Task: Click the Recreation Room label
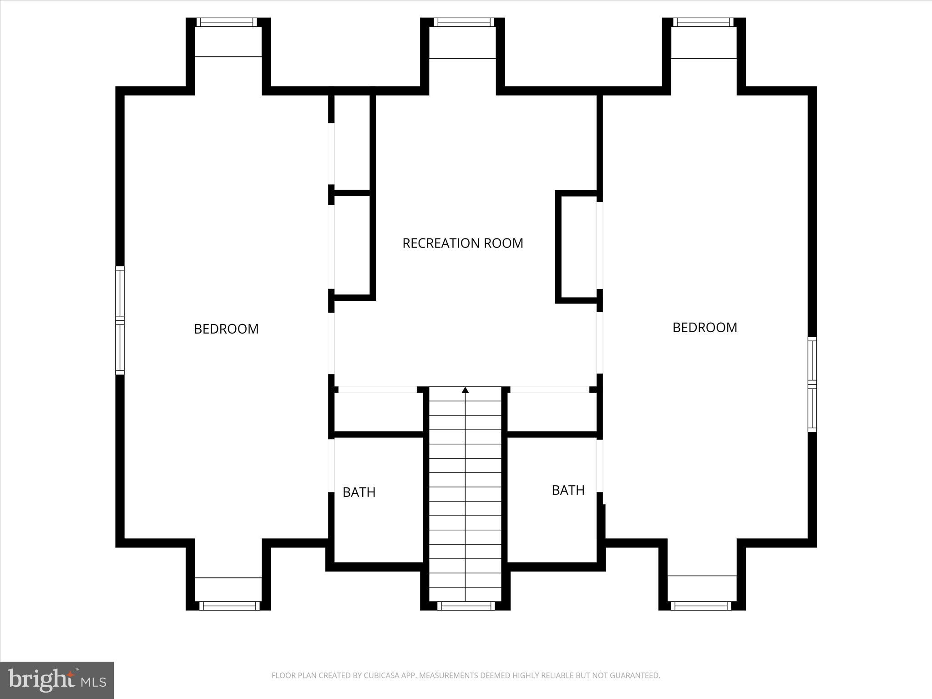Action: point(462,243)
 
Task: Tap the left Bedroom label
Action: point(226,329)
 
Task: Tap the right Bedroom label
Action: point(704,327)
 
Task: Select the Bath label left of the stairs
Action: point(359,492)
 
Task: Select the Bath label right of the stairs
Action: point(568,490)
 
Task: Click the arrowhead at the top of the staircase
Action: point(465,390)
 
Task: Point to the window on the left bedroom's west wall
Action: point(120,320)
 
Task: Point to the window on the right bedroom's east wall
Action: point(812,384)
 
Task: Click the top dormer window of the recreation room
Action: point(463,22)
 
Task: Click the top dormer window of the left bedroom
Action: point(227,22)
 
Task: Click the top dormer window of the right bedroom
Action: point(703,22)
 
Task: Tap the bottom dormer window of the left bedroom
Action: point(229,606)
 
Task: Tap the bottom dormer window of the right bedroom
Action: point(701,606)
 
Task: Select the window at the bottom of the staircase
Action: point(466,606)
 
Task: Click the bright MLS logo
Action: point(57,680)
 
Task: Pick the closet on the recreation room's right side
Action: point(578,247)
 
